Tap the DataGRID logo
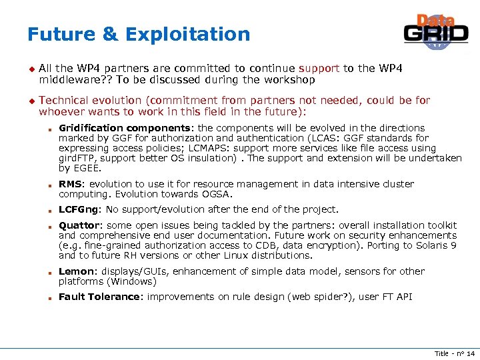[436, 32]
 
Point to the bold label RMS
[71, 184]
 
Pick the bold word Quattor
[79, 225]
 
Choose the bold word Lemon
[75, 271]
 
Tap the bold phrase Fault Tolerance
[100, 297]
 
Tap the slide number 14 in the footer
[469, 353]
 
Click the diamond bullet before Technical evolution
[30, 101]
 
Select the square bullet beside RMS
[50, 185]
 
